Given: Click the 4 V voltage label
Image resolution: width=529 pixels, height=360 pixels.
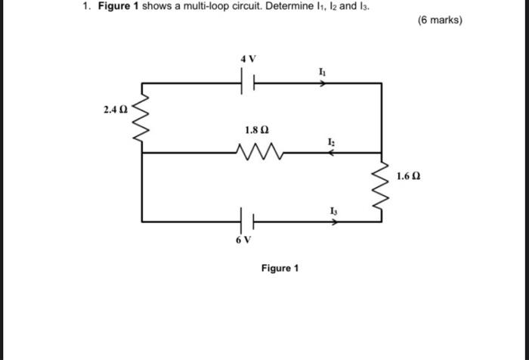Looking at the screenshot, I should [x=249, y=57].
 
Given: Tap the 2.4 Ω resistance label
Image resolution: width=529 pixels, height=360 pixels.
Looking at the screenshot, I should [x=116, y=110].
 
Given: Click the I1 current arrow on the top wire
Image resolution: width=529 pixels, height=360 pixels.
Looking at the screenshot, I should [x=323, y=83].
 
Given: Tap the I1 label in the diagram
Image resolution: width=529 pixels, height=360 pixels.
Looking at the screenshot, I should [x=323, y=71].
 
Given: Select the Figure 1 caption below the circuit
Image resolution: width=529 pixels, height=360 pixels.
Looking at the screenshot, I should [x=280, y=268].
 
